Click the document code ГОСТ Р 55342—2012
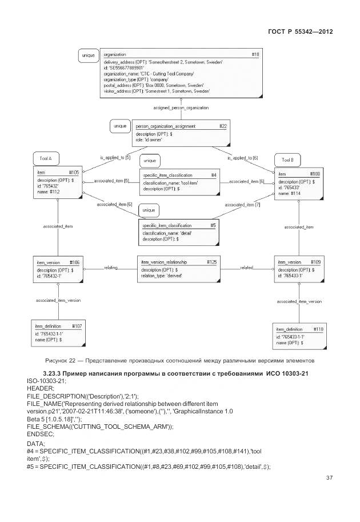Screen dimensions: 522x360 [x=300, y=31]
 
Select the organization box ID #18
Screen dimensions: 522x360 [x=254, y=54]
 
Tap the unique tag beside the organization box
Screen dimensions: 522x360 [x=88, y=55]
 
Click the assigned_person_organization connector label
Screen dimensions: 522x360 [x=181, y=107]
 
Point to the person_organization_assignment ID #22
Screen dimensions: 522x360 [x=223, y=126]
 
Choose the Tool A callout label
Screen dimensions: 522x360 [x=46, y=158]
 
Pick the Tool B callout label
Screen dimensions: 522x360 [x=287, y=160]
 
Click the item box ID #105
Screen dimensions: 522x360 [x=74, y=172]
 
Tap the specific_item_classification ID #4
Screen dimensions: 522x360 [x=213, y=175]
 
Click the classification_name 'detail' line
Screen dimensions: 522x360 [x=167, y=233]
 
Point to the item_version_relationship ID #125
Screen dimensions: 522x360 [x=211, y=262]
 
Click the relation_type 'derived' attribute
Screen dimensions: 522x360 [x=166, y=275]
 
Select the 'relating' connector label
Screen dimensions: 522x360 [x=111, y=267]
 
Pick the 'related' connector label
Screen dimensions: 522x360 [x=247, y=267]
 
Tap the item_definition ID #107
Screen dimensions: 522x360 [x=77, y=326]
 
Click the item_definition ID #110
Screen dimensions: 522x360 [x=318, y=330]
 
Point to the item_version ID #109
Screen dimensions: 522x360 [x=315, y=262]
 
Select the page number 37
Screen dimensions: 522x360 [x=329, y=478]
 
